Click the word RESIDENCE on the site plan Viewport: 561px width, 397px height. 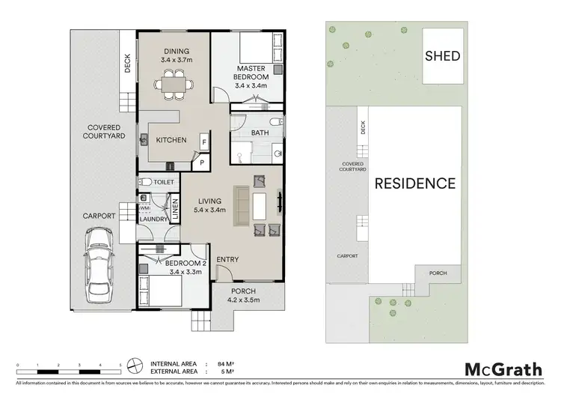coord(415,183)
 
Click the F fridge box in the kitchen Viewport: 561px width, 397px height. coord(203,142)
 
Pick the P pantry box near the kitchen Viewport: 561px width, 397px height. coord(201,162)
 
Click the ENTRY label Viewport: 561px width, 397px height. coord(227,259)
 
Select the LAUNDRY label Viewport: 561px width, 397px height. coord(153,219)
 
